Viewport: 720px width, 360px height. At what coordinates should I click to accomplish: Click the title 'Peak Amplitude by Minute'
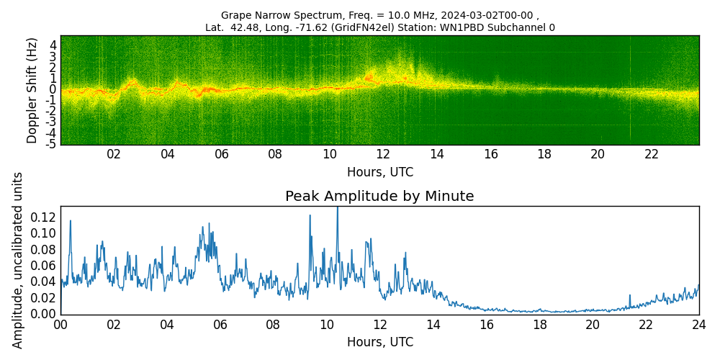tap(379, 197)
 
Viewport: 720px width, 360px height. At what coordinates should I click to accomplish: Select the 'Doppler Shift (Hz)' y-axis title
tap(32, 90)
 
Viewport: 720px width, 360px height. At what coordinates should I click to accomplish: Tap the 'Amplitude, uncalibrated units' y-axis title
tap(18, 260)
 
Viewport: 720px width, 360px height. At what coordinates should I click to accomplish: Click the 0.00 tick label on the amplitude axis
tap(42, 314)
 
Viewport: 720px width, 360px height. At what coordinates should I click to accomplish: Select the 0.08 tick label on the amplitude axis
tap(42, 250)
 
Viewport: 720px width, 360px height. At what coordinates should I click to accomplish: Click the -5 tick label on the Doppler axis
tap(51, 144)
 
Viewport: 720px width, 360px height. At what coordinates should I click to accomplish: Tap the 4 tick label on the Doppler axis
tap(53, 45)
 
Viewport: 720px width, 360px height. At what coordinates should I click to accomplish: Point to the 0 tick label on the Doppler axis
tap(53, 89)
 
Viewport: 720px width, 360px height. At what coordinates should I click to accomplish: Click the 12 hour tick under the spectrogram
tap(383, 154)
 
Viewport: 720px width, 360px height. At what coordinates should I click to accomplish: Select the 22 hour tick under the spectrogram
tap(652, 154)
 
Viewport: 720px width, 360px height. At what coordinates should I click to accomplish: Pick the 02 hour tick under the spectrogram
tap(114, 154)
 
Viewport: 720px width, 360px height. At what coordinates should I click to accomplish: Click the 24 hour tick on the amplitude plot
tap(698, 325)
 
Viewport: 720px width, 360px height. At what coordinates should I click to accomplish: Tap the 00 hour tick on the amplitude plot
tap(60, 325)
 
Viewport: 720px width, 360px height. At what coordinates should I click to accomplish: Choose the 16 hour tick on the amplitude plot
tap(486, 325)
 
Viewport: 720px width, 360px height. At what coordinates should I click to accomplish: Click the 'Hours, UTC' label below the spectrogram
tap(379, 173)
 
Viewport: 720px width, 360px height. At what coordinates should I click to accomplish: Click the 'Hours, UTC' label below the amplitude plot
tap(379, 343)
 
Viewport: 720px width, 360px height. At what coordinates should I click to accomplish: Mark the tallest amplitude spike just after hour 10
tap(337, 209)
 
